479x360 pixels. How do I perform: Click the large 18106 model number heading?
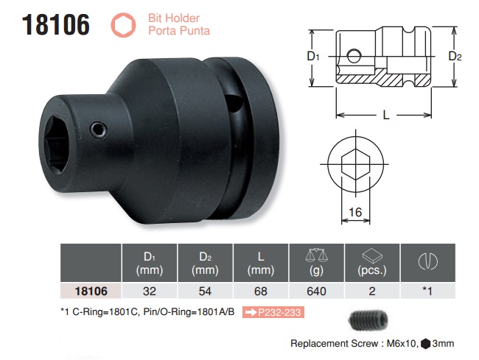tap(56, 24)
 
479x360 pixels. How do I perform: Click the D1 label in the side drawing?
tap(312, 57)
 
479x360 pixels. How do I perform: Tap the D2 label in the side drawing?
tap(455, 57)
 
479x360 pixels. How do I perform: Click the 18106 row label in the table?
tap(88, 290)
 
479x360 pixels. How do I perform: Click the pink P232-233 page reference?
tap(277, 313)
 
